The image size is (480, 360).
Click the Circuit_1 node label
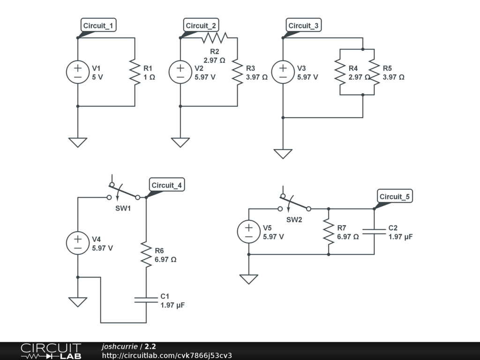[98, 25]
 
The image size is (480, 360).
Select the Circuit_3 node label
[304, 25]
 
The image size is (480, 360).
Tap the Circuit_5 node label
[395, 196]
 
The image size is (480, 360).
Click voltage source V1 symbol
[78, 72]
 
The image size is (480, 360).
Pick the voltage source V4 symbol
[78, 243]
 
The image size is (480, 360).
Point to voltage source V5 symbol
[249, 232]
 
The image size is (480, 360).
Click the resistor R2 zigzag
[215, 38]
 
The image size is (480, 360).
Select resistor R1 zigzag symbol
[135, 72]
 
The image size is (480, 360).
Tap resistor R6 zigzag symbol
[146, 255]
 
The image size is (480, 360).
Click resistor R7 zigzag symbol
[329, 232]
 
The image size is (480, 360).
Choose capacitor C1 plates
[146, 300]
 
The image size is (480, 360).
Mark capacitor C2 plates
[374, 232]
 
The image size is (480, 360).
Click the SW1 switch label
[123, 209]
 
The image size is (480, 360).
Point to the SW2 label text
[294, 220]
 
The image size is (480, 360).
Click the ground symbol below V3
[283, 154]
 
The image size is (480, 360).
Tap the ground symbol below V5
[249, 279]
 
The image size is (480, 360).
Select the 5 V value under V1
[97, 77]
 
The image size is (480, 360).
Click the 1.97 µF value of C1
[172, 305]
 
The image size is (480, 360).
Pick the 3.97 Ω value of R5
[393, 77]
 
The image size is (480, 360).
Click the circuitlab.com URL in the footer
[167, 355]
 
